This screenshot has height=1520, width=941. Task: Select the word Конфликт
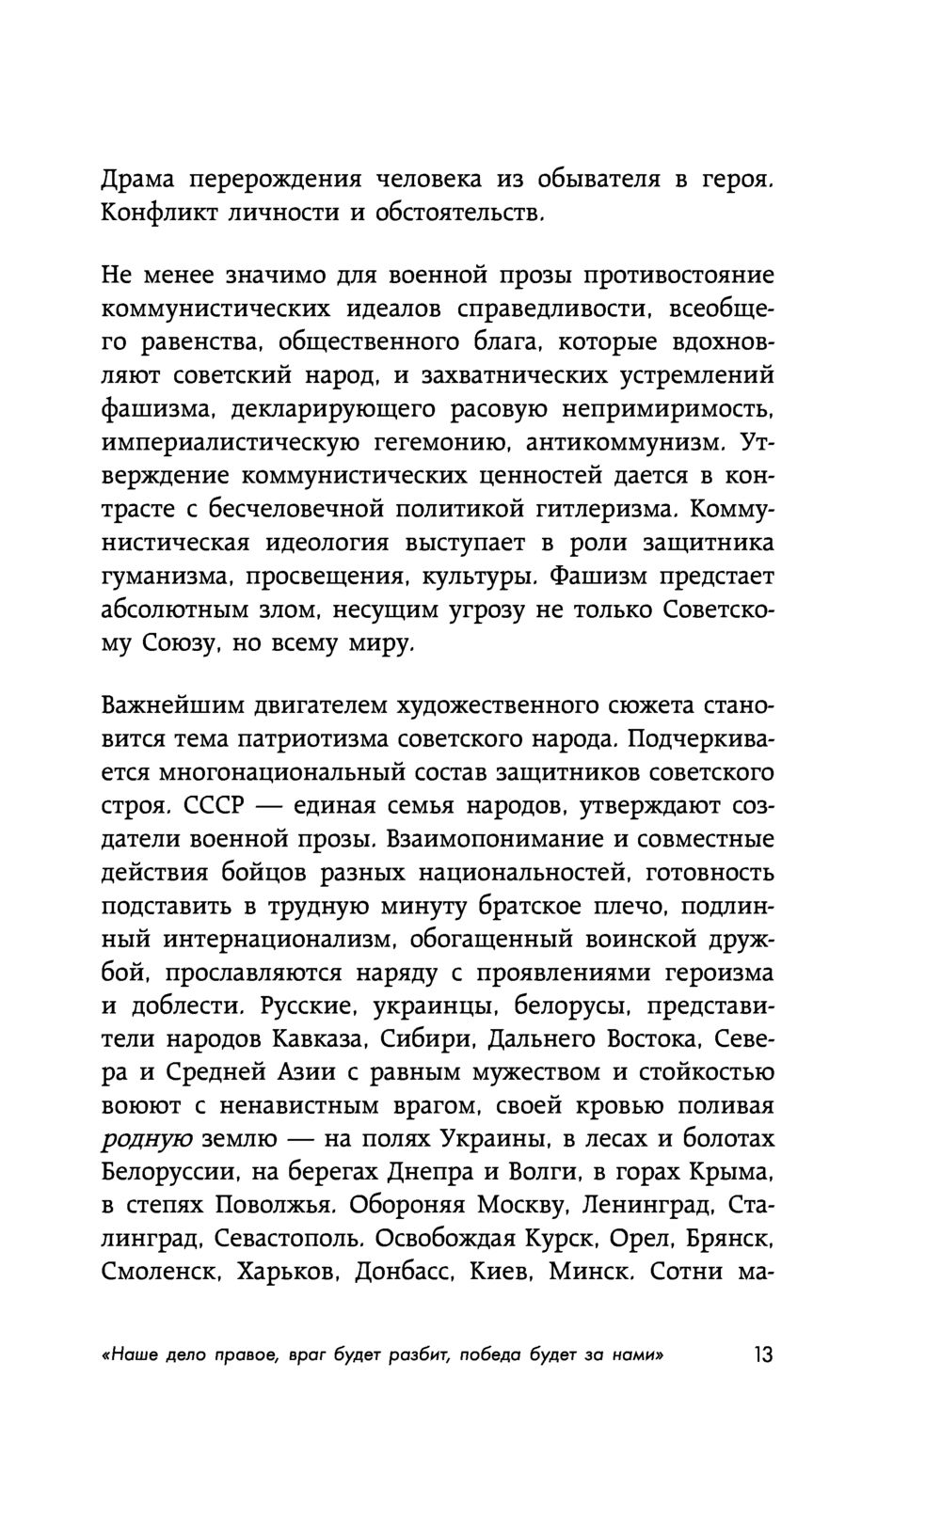(158, 214)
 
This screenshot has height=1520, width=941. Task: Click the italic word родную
(146, 1139)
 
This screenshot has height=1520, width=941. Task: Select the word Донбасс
(398, 1273)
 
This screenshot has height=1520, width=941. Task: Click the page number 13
(760, 1355)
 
